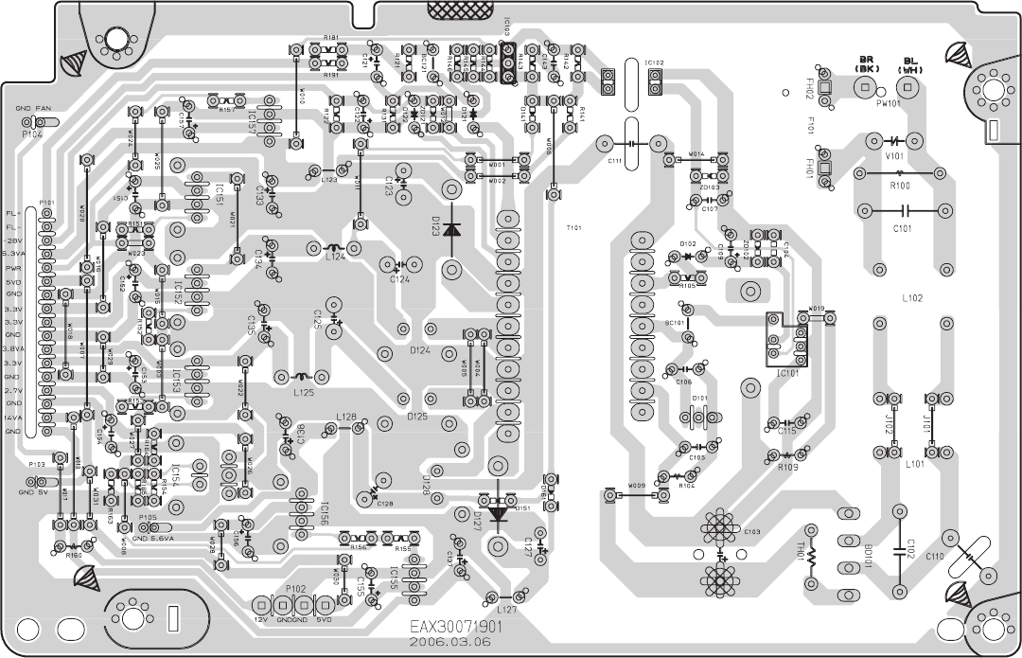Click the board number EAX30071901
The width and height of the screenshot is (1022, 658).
[455, 627]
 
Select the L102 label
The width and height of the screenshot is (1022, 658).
[912, 297]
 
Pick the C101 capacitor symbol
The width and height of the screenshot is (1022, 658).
[903, 210]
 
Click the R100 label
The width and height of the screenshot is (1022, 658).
[901, 186]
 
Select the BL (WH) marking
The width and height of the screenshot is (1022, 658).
[909, 63]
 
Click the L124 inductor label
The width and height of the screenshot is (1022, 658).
[337, 256]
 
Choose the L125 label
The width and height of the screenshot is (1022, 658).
[304, 391]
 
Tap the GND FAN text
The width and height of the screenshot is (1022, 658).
[34, 110]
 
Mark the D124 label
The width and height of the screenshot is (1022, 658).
[421, 350]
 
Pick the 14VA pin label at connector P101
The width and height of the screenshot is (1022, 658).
[13, 418]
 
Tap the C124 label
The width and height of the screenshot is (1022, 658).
[400, 279]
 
